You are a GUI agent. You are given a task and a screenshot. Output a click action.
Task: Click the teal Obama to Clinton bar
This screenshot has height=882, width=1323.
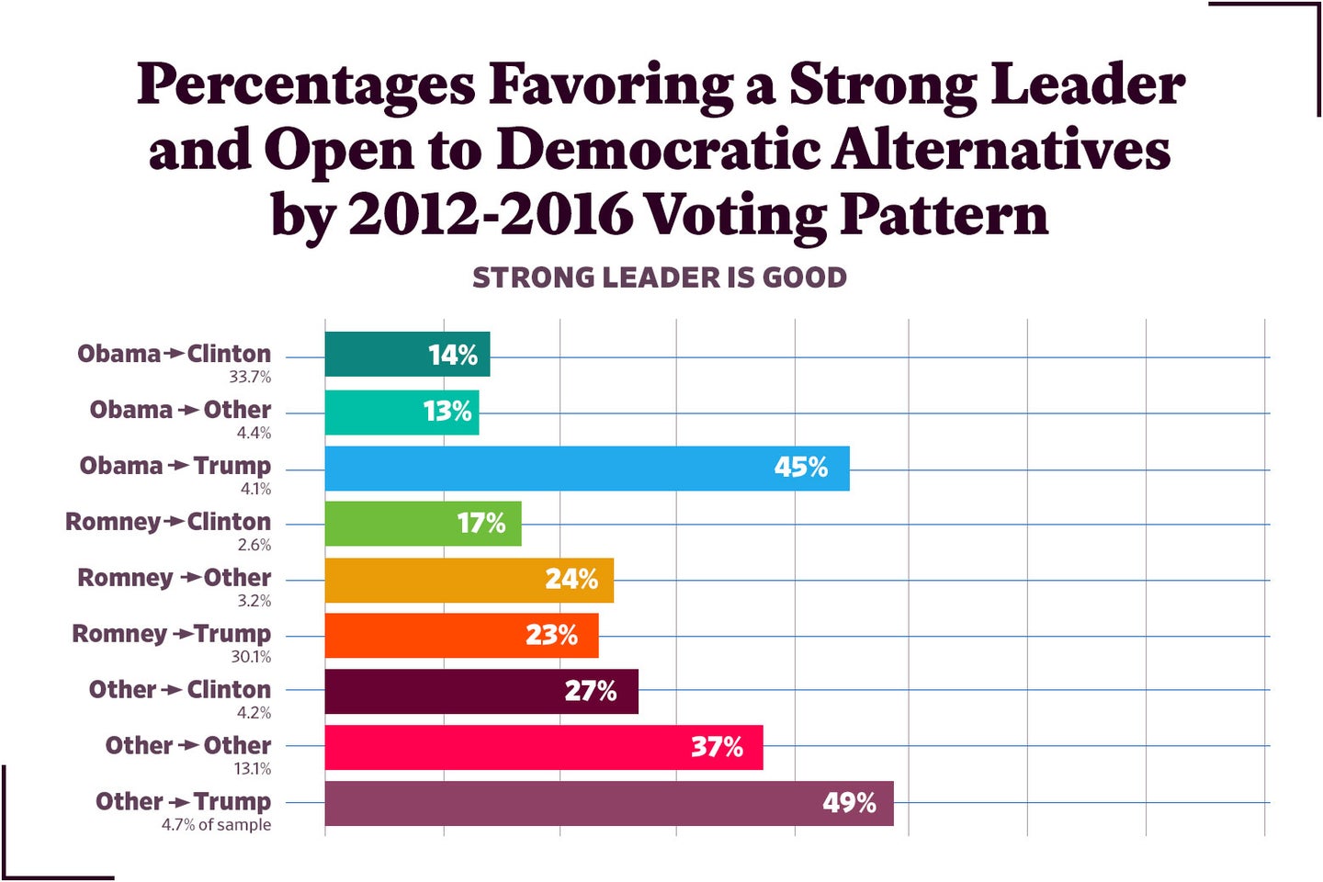(407, 355)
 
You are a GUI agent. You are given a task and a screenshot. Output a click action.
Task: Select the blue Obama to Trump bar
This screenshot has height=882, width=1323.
(586, 469)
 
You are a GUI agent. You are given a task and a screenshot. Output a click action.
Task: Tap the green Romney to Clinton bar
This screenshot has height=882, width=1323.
(423, 524)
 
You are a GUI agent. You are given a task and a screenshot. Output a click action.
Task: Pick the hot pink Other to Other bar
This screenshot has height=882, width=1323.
(543, 748)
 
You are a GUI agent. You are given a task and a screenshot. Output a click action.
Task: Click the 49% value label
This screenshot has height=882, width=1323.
(849, 803)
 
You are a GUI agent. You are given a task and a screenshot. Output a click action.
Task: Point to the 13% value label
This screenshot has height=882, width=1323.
(447, 412)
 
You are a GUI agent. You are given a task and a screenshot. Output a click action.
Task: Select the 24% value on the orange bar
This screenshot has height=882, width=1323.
(571, 580)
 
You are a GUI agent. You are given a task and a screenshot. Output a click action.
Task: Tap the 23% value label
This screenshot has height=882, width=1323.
(551, 636)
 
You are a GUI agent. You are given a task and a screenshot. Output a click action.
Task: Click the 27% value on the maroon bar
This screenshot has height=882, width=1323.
(590, 692)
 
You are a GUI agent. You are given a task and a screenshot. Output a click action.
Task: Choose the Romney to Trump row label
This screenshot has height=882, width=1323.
(171, 634)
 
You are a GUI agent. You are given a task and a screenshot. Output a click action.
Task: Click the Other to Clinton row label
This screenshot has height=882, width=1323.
(179, 690)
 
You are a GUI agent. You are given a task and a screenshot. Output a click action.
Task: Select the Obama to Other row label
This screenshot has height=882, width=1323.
(180, 410)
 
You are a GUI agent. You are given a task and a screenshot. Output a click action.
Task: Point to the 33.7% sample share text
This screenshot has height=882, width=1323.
(250, 378)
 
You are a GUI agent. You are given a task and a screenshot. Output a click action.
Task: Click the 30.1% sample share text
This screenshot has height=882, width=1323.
(251, 657)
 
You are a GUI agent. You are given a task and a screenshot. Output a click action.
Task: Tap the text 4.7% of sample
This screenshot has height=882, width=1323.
(216, 825)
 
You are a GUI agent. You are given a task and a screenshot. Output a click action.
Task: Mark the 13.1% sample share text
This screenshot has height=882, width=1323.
(252, 769)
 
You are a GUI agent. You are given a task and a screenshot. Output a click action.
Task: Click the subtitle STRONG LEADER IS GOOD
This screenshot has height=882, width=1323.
(659, 277)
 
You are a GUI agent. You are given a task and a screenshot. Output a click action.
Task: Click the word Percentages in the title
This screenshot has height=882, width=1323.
(306, 85)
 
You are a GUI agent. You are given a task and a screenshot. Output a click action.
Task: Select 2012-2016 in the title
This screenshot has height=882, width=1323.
(490, 215)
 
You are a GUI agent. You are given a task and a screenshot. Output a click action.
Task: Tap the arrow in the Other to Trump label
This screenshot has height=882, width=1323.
(178, 803)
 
